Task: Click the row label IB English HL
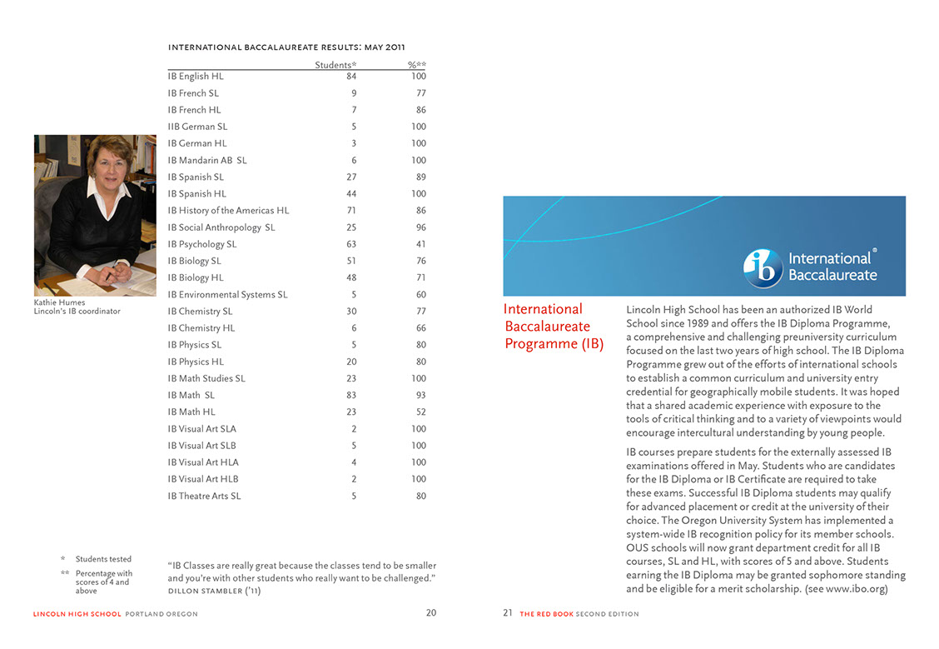[x=196, y=77]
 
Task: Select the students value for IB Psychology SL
[x=351, y=244]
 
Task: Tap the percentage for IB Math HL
[x=420, y=412]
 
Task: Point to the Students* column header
[x=335, y=65]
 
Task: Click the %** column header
[x=416, y=65]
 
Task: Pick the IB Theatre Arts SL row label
[x=204, y=496]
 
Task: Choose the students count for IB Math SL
[x=350, y=395]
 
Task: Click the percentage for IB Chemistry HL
[x=420, y=328]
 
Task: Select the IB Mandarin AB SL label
[x=207, y=160]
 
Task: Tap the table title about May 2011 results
[x=286, y=47]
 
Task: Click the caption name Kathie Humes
[x=59, y=302]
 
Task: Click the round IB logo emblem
[x=763, y=267]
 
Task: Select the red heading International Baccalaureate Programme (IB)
[x=554, y=327]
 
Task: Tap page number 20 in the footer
[x=431, y=613]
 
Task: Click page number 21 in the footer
[x=508, y=613]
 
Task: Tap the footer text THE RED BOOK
[x=546, y=614]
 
